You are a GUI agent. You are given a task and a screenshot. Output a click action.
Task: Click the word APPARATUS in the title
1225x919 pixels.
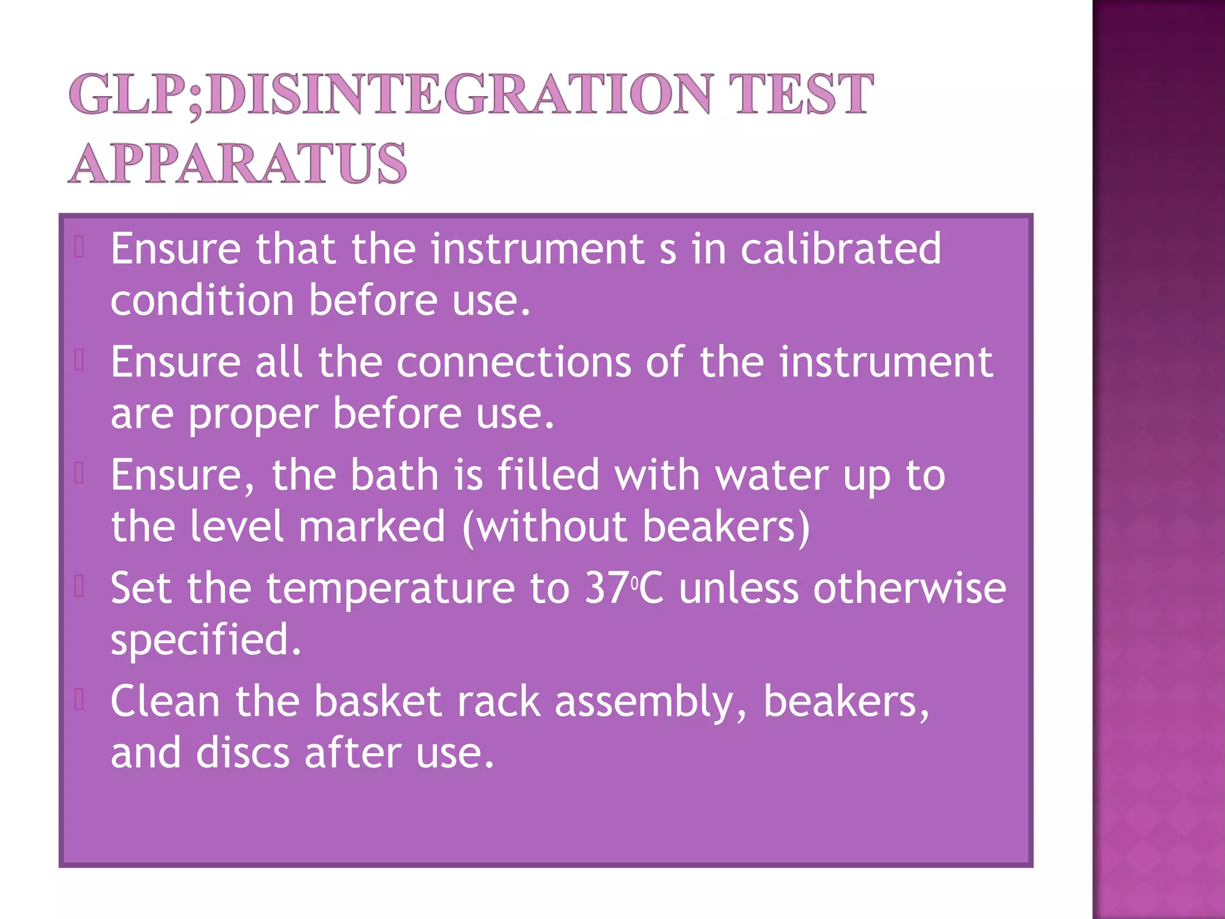237,163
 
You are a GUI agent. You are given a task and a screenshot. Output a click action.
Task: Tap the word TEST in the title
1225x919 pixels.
801,94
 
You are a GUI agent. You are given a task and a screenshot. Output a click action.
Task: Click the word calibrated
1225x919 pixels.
840,248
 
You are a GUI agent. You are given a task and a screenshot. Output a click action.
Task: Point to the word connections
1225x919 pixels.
513,362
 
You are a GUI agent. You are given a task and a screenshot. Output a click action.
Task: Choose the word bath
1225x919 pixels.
395,475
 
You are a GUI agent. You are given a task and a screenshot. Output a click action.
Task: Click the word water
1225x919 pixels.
772,475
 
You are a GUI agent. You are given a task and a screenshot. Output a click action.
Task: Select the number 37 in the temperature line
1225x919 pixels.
606,588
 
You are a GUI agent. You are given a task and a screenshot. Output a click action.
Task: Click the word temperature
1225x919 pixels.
390,589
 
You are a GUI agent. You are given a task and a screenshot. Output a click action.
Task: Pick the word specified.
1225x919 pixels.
206,640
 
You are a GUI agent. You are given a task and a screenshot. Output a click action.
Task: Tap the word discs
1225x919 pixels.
243,753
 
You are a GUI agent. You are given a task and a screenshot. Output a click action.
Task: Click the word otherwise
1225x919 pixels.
909,588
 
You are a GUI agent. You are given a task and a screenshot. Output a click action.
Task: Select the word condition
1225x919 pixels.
202,300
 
